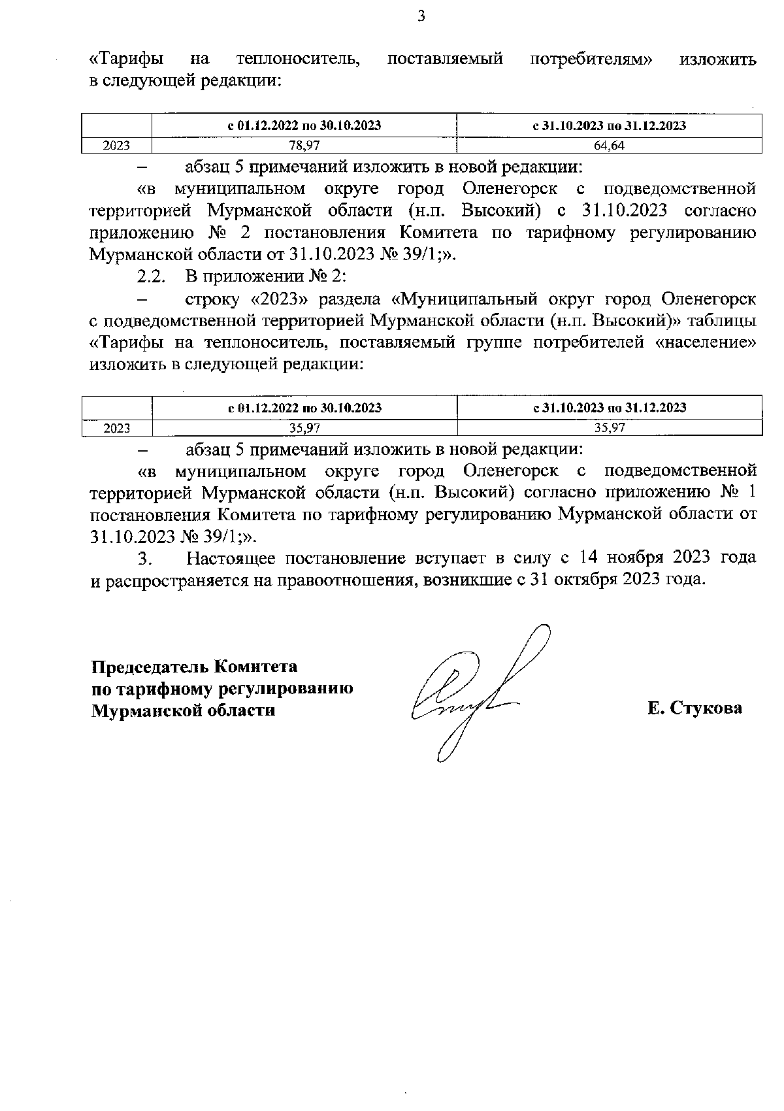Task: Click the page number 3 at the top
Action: (x=421, y=17)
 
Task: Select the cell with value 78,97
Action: (x=304, y=146)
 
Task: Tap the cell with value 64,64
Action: (x=609, y=146)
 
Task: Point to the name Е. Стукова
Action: (x=694, y=708)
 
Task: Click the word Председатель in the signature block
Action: (x=149, y=667)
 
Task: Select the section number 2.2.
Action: (x=150, y=277)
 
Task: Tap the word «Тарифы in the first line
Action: (x=126, y=59)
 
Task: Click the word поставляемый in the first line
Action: (x=445, y=59)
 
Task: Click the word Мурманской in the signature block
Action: (x=138, y=710)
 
